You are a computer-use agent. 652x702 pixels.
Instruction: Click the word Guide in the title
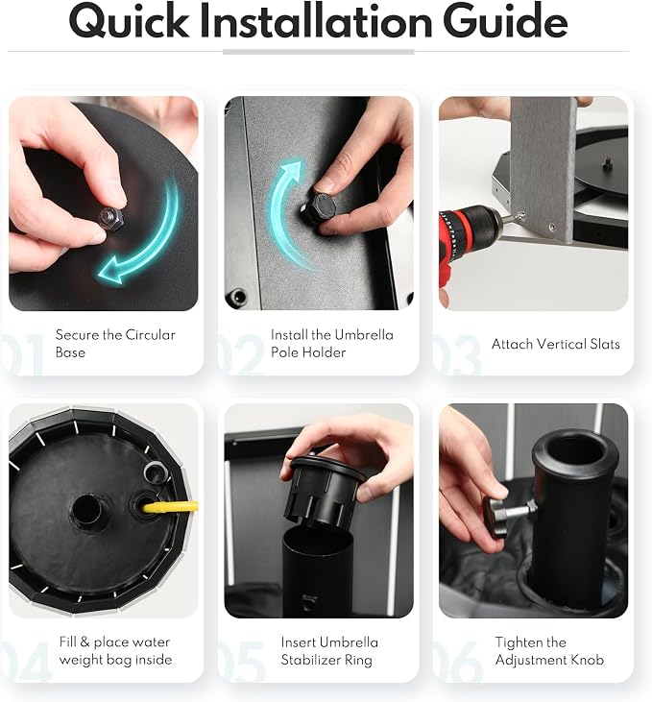[505, 21]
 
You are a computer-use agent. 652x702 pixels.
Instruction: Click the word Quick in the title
[129, 21]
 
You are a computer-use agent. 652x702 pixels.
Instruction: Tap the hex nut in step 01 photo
[112, 219]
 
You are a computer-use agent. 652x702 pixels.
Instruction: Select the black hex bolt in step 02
[319, 207]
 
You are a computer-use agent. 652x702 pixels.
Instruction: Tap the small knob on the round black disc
[607, 164]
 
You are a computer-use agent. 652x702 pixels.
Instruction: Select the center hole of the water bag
[86, 510]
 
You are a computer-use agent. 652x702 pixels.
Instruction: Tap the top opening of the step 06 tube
[575, 450]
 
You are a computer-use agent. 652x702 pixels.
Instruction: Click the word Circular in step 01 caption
[150, 335]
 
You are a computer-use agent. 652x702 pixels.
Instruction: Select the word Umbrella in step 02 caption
[364, 335]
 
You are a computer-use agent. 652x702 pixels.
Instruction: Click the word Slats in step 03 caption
[605, 344]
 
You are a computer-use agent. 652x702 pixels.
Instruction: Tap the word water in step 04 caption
[150, 642]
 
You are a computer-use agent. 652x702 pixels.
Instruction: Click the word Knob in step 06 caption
[586, 660]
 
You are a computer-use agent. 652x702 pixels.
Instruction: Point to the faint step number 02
[242, 353]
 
